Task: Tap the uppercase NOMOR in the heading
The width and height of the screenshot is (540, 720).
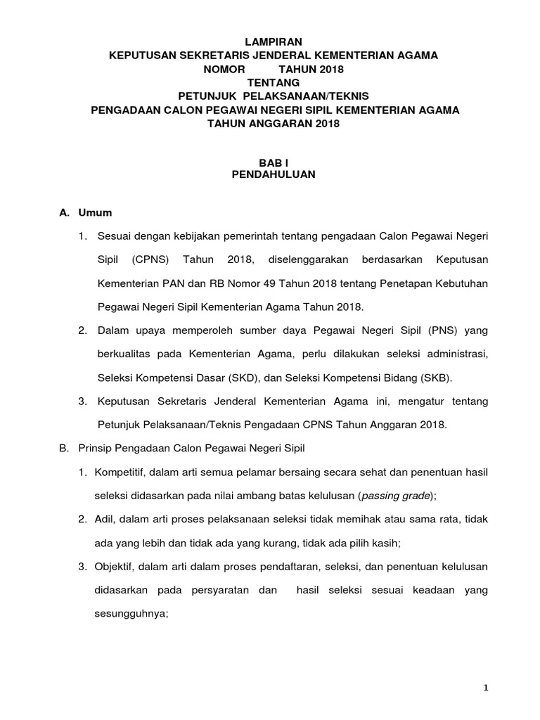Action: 225,69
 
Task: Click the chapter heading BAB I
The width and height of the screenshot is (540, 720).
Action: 274,162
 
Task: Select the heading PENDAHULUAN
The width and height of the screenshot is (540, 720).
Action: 274,175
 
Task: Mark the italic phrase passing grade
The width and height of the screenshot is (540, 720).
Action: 394,495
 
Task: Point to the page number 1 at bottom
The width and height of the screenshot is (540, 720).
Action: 486,688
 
